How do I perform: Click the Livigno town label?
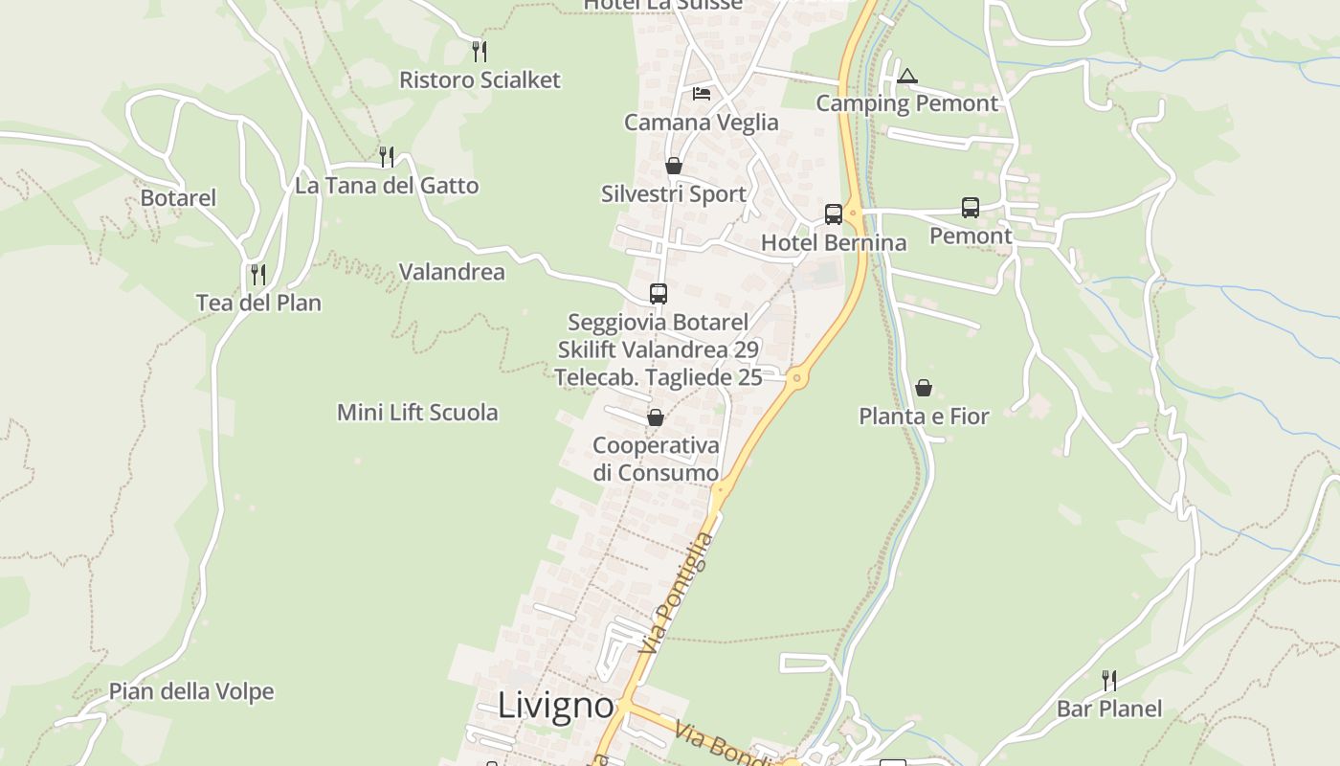tap(555, 706)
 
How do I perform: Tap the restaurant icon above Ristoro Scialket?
tap(480, 51)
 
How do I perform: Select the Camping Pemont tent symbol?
tap(906, 76)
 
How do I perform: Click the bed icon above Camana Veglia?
tap(702, 94)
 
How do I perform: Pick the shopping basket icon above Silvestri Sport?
tap(674, 166)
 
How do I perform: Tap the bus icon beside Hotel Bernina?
tap(834, 214)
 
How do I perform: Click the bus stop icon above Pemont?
tap(970, 207)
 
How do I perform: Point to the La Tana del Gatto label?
tap(387, 186)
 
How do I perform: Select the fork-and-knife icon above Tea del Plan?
tap(258, 275)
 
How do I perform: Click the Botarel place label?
tap(178, 198)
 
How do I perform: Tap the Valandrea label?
tap(452, 272)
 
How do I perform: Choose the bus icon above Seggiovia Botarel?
tap(659, 294)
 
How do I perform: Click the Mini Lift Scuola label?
tap(417, 413)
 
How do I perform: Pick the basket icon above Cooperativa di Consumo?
tap(656, 417)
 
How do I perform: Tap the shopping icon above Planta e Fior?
tap(924, 388)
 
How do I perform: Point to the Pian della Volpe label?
tap(191, 691)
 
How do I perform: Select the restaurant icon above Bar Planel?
tap(1108, 681)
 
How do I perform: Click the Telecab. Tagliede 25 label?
tap(659, 377)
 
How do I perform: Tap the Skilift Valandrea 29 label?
tap(659, 349)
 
